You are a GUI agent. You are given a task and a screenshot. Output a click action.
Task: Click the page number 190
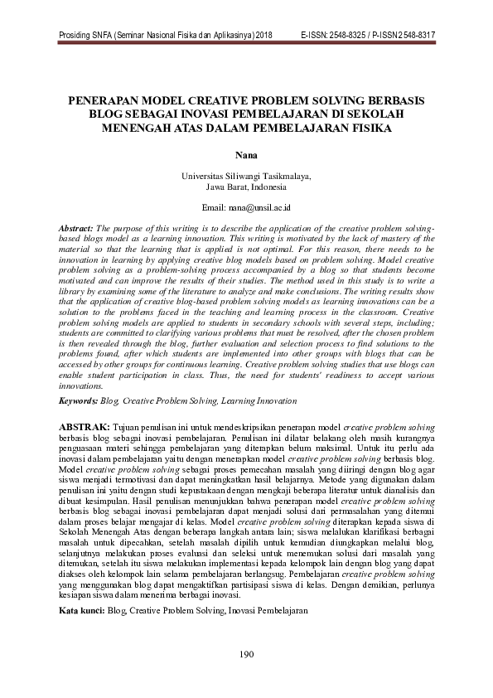point(245,656)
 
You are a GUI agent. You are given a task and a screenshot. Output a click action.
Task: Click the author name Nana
point(246,154)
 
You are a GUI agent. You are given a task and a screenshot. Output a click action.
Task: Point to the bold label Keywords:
point(78,400)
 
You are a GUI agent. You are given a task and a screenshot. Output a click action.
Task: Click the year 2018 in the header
point(264,35)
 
